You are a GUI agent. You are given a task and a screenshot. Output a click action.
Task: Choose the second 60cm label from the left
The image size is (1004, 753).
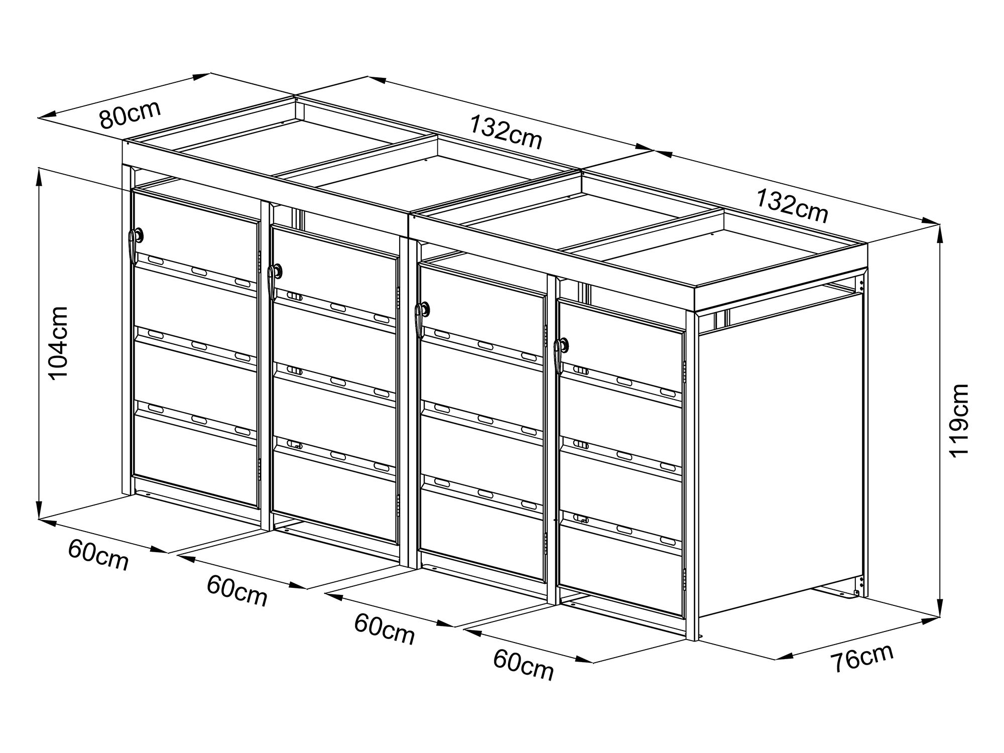coord(237,591)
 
